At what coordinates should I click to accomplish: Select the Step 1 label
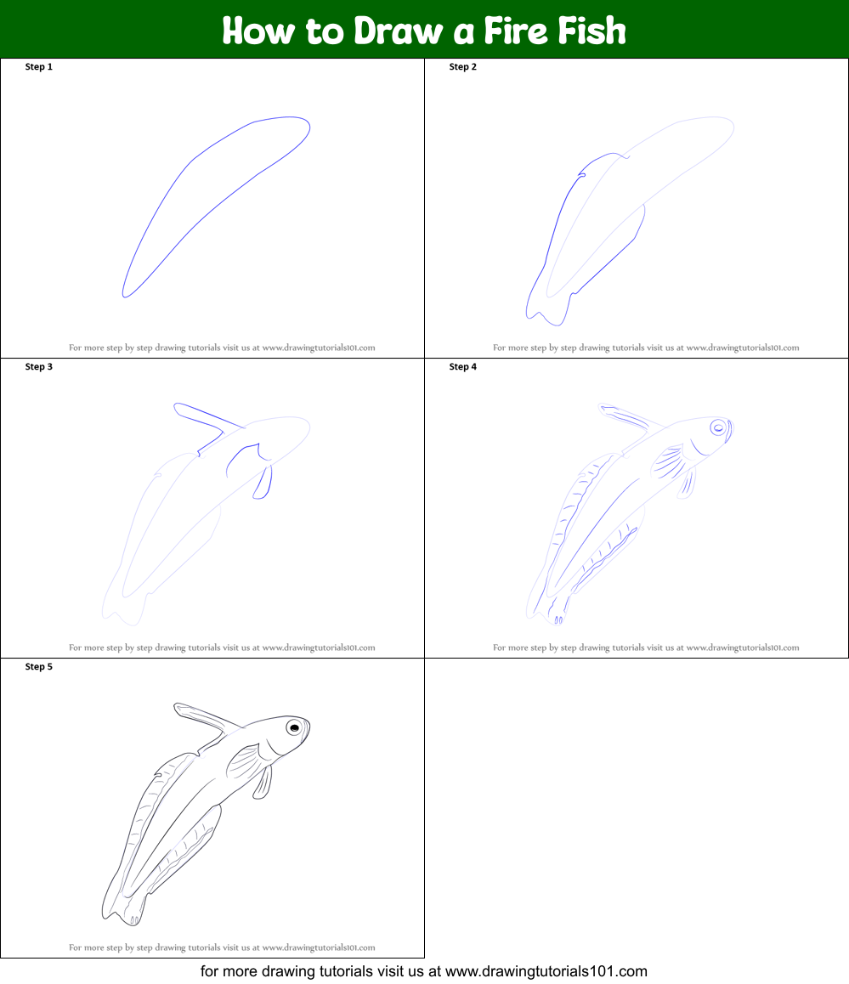38,67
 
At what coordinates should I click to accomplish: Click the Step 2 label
462,67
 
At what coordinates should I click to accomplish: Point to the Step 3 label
38,367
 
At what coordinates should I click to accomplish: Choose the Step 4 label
462,367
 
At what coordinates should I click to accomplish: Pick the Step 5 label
38,667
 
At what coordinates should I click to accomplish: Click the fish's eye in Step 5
294,727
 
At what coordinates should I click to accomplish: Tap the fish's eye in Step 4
719,427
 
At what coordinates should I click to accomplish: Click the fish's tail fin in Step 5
123,909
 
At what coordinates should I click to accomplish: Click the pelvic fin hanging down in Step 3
263,482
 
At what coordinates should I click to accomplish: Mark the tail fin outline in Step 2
544,310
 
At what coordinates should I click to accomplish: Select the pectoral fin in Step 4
669,460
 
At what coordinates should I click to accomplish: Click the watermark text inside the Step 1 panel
222,348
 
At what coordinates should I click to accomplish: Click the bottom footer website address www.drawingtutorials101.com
546,970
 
